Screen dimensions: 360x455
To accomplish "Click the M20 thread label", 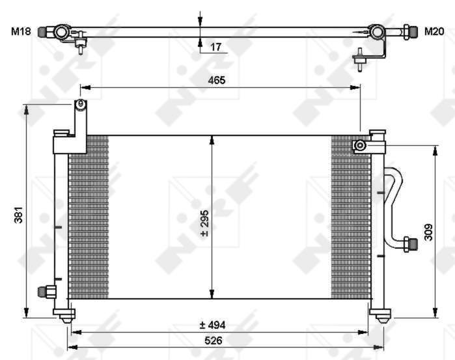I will pyautogui.click(x=434, y=31).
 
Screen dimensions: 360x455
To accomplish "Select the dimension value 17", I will pyautogui.click(x=216, y=47).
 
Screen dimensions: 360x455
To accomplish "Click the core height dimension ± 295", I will pyautogui.click(x=204, y=223).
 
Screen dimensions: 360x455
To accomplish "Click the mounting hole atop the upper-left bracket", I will pyautogui.click(x=80, y=104).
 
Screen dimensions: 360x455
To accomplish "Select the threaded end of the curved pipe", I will pyautogui.click(x=409, y=243).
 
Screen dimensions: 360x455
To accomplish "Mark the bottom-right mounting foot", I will pyautogui.click(x=382, y=316).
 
